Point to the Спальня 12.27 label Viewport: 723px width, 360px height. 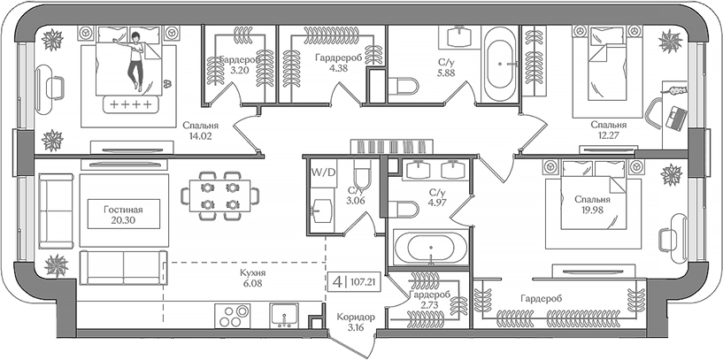point(609,130)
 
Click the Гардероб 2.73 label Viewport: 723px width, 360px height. point(430,299)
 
